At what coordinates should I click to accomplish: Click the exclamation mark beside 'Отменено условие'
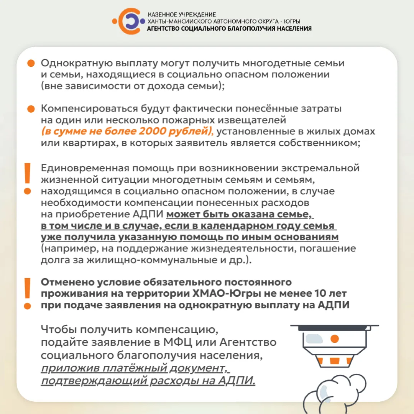[x=27, y=293]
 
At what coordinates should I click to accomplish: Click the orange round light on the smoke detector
[x=335, y=338]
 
